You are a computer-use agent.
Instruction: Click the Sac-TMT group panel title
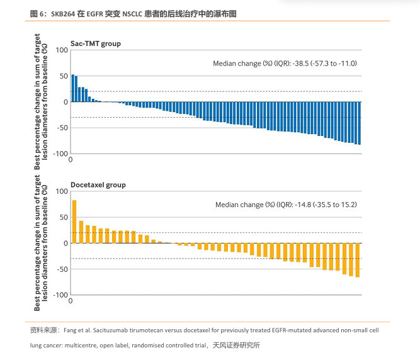click(x=96, y=44)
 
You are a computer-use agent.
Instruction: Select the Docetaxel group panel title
click(x=98, y=185)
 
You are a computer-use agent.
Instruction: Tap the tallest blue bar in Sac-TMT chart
click(x=72, y=88)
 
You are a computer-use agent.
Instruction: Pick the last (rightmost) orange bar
click(x=358, y=260)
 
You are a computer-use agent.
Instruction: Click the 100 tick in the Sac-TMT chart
click(x=62, y=50)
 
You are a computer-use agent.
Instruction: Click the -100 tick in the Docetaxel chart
click(x=59, y=295)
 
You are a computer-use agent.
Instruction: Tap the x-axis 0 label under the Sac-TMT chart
click(x=71, y=160)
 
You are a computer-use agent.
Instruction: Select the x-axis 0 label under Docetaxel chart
click(x=71, y=301)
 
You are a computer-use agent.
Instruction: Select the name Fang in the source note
click(x=71, y=330)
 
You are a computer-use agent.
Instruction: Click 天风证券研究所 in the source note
click(x=236, y=346)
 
